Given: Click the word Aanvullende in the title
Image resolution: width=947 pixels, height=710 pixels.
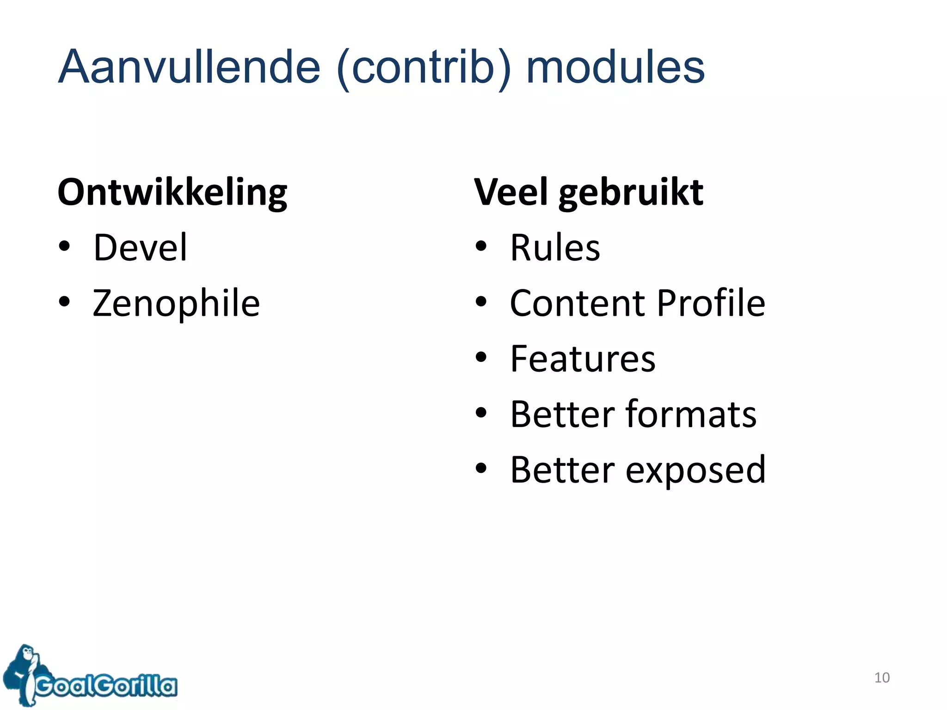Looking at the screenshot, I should tap(189, 67).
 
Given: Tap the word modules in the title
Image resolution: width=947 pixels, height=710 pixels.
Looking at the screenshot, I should tap(615, 67).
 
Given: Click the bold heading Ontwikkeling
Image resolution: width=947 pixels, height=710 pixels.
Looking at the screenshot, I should tap(172, 193).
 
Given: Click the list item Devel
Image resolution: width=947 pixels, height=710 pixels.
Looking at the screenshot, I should tap(140, 248).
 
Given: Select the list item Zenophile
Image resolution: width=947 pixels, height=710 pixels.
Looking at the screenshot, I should tap(176, 304).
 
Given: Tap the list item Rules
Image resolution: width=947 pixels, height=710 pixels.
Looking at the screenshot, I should tap(555, 248).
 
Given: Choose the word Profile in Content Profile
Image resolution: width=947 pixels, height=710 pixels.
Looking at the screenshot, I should tap(711, 303).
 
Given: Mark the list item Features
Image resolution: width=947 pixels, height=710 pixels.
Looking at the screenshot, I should tap(583, 359).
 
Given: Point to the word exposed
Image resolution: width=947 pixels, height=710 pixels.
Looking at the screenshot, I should tap(695, 471).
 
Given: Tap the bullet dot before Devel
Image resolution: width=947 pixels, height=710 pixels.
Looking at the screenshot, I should tap(65, 246).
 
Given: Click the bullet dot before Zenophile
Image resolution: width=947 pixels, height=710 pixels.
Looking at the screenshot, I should tap(65, 302).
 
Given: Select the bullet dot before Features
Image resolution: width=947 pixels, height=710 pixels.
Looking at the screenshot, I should tap(481, 357).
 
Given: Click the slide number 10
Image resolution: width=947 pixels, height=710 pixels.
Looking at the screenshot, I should tap(881, 678).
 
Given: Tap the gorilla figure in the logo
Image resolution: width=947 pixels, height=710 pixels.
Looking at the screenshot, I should tap(24, 673).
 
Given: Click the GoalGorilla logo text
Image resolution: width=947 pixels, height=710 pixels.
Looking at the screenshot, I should tap(106, 685).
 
